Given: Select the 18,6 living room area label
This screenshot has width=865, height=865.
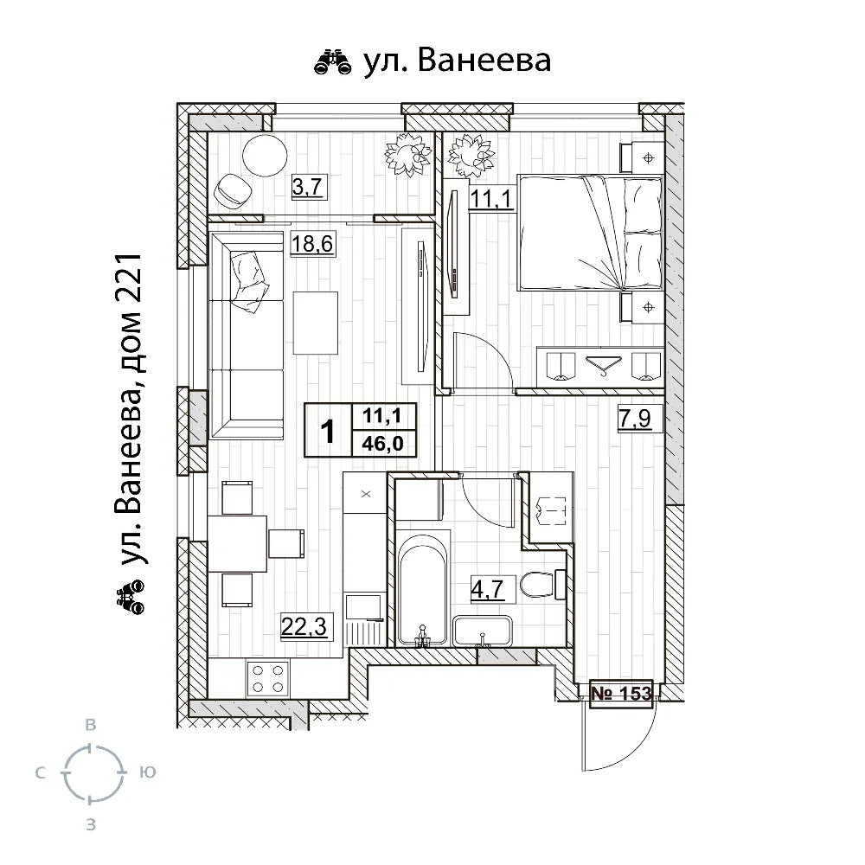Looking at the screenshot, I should pos(311,244).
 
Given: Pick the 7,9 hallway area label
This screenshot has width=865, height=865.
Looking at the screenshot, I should pos(639,421).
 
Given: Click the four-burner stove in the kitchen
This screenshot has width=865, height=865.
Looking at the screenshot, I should pos(268,676).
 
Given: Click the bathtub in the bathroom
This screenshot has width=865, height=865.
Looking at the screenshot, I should pos(423,588).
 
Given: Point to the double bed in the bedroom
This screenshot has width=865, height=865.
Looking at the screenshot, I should pos(589,232).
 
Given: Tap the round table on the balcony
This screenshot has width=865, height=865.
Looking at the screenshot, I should pos(264,156).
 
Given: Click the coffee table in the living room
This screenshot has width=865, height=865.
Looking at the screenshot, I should pos(315,322).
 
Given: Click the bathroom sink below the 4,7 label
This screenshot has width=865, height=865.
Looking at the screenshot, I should pos(483,631).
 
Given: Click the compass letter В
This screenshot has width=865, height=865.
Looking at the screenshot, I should pos(89,724).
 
